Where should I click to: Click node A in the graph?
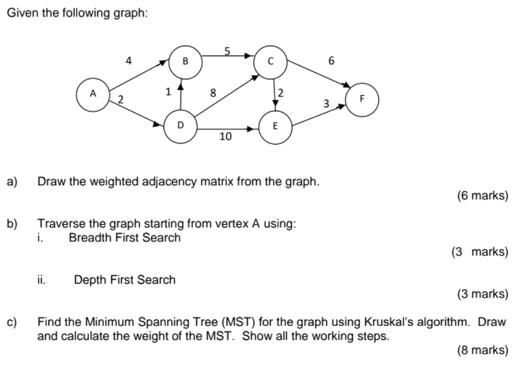tap(94, 94)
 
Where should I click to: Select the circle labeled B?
tap(185, 61)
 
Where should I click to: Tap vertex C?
tap(270, 61)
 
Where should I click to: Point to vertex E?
tap(275, 126)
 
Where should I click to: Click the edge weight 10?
tap(225, 137)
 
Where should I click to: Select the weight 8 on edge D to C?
tap(212, 93)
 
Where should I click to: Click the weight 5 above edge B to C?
tap(227, 50)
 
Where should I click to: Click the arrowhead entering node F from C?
tap(346, 85)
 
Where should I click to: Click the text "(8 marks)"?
tap(483, 350)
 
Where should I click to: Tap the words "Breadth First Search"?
tap(124, 237)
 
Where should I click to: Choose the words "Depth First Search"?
tap(124, 280)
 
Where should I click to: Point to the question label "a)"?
tap(12, 180)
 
